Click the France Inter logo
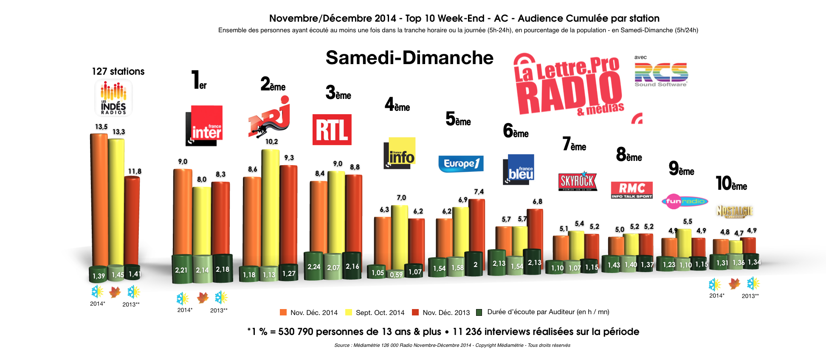click(204, 126)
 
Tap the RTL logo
click(332, 129)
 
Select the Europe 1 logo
click(461, 163)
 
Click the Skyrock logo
click(578, 181)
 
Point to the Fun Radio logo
click(685, 201)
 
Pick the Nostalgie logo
click(735, 211)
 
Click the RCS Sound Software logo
click(661, 75)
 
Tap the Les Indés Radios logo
click(113, 98)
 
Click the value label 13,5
click(101, 127)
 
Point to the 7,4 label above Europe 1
click(479, 192)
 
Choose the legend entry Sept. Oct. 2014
click(375, 312)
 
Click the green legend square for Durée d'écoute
click(479, 312)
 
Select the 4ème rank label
click(397, 104)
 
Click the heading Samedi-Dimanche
click(409, 58)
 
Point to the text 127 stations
click(118, 71)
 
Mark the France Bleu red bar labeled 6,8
click(535, 229)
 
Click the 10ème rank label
click(731, 183)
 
